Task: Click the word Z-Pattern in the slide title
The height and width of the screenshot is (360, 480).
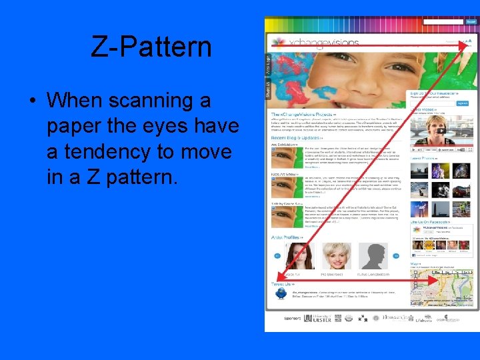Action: coord(151,47)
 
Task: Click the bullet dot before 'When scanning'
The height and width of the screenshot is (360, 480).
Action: coord(32,101)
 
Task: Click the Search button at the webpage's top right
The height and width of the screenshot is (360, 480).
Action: coord(471,22)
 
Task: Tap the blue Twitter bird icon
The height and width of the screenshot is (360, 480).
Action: coord(281,293)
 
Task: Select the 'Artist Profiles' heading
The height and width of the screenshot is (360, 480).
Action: coord(287,237)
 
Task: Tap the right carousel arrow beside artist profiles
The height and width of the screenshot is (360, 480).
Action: coord(396,255)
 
